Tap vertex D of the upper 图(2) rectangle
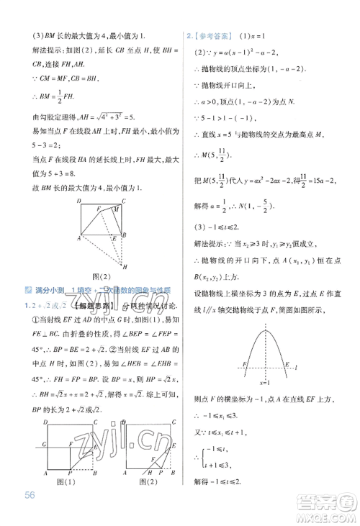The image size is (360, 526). tap(81, 201)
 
